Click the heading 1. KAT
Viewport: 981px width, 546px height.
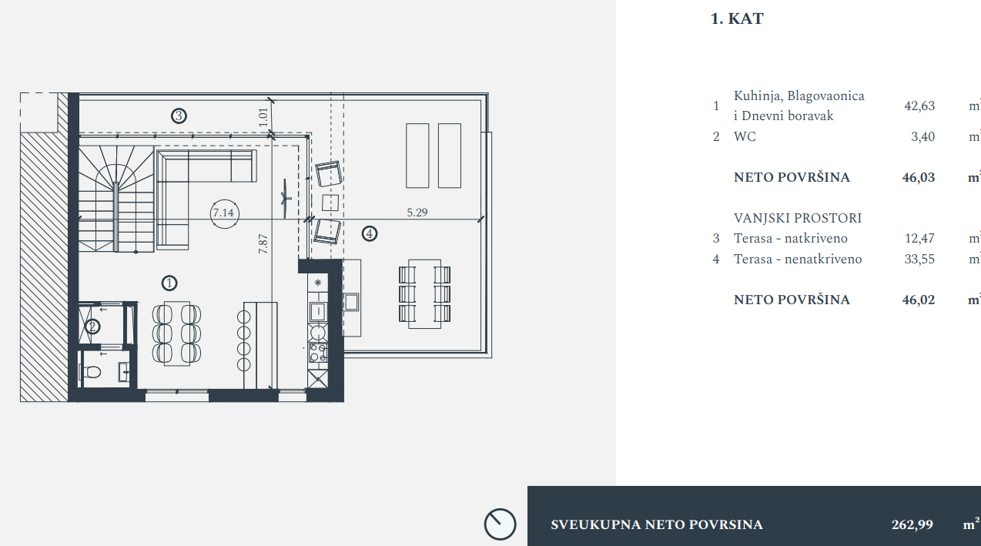pos(737,18)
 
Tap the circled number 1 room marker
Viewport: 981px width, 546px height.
pos(169,283)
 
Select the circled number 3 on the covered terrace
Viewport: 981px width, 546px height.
pos(179,116)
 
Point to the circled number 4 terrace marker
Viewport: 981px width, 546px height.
pos(369,234)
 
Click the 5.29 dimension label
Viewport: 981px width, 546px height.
pos(417,213)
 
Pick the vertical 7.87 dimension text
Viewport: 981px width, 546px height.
pos(263,244)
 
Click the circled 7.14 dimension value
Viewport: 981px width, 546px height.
pos(224,213)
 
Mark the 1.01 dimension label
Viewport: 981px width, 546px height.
pos(263,117)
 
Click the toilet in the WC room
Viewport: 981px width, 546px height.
pos(91,372)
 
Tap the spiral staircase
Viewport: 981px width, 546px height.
pos(116,199)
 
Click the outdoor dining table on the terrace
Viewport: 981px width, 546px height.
pos(424,294)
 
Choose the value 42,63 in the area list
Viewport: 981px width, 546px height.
pos(919,106)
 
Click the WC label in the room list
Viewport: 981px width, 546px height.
pos(745,136)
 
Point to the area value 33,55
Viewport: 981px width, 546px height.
pos(919,260)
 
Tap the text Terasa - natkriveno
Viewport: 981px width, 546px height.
pos(791,238)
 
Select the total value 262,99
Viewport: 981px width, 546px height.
pos(912,524)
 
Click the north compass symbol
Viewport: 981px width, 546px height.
pos(501,524)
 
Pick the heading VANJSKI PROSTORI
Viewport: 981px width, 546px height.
pos(798,218)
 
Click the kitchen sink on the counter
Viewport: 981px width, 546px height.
pos(317,312)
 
